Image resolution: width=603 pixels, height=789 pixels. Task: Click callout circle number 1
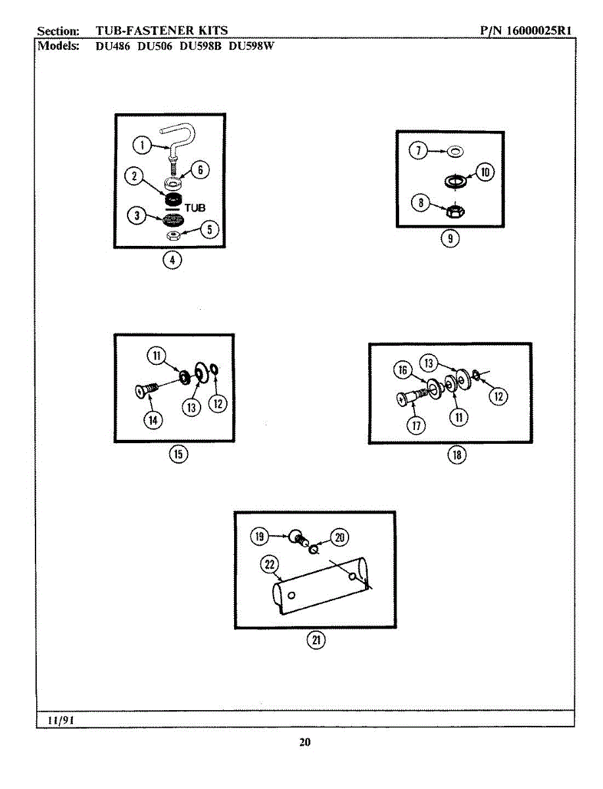[139, 144]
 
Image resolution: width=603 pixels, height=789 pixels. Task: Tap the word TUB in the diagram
[195, 207]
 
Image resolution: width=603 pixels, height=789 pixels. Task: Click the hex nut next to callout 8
[452, 211]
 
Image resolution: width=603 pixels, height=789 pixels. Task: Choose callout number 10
[485, 172]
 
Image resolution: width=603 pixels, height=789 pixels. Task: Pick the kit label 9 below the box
[450, 239]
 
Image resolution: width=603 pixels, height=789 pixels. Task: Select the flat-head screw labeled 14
[146, 391]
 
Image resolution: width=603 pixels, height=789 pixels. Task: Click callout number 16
[404, 370]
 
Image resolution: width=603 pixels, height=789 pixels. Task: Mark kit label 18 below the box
[456, 454]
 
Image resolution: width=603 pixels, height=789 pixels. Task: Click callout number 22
[270, 564]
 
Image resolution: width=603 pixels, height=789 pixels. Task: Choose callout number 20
[339, 537]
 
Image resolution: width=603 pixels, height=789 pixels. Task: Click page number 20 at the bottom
[304, 742]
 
